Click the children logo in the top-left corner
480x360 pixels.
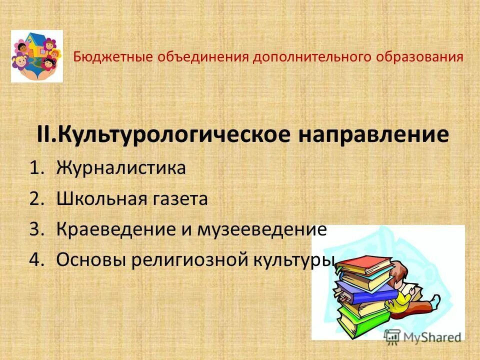(x=37, y=56)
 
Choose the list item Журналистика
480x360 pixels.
(x=121, y=168)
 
